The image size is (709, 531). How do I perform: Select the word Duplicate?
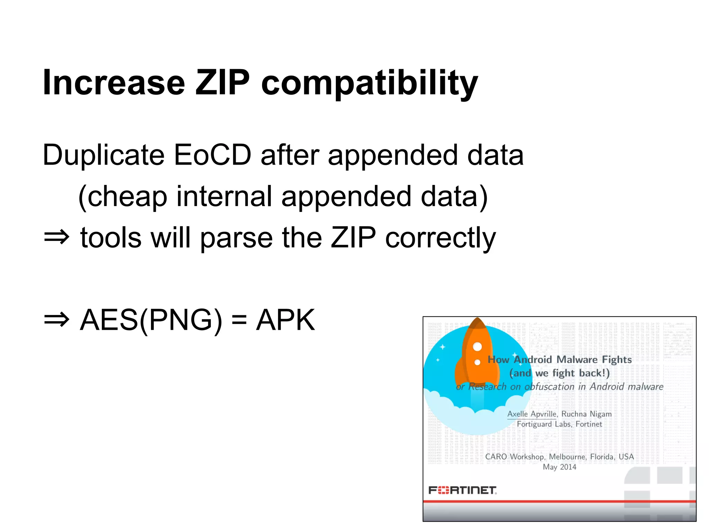[x=104, y=155]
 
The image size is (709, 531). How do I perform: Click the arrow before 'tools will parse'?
[x=56, y=237]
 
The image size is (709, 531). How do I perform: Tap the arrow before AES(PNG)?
[x=56, y=320]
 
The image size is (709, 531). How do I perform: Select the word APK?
[x=285, y=320]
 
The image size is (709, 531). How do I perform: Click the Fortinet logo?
[x=462, y=490]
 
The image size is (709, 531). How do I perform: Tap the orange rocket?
[x=477, y=360]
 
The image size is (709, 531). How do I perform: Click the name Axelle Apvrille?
[x=532, y=414]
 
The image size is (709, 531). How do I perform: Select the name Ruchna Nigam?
[x=586, y=414]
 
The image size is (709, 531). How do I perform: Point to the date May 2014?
[x=559, y=467]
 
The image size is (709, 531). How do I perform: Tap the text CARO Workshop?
[x=514, y=457]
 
